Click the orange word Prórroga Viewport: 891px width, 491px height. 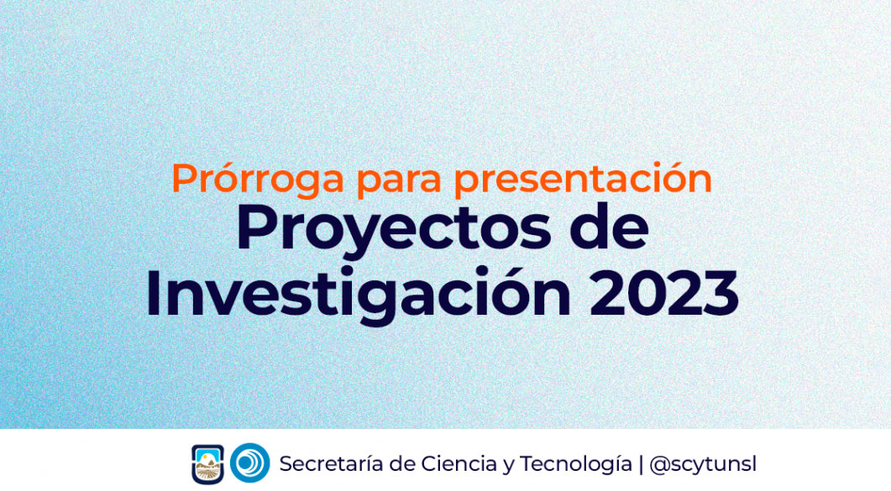[x=258, y=180]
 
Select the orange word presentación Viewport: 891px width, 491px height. [x=583, y=180]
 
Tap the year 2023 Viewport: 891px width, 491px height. [x=663, y=294]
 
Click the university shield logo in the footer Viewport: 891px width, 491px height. [x=208, y=464]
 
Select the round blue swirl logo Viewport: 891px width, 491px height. [x=250, y=462]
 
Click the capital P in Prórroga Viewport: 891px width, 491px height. [x=185, y=180]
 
